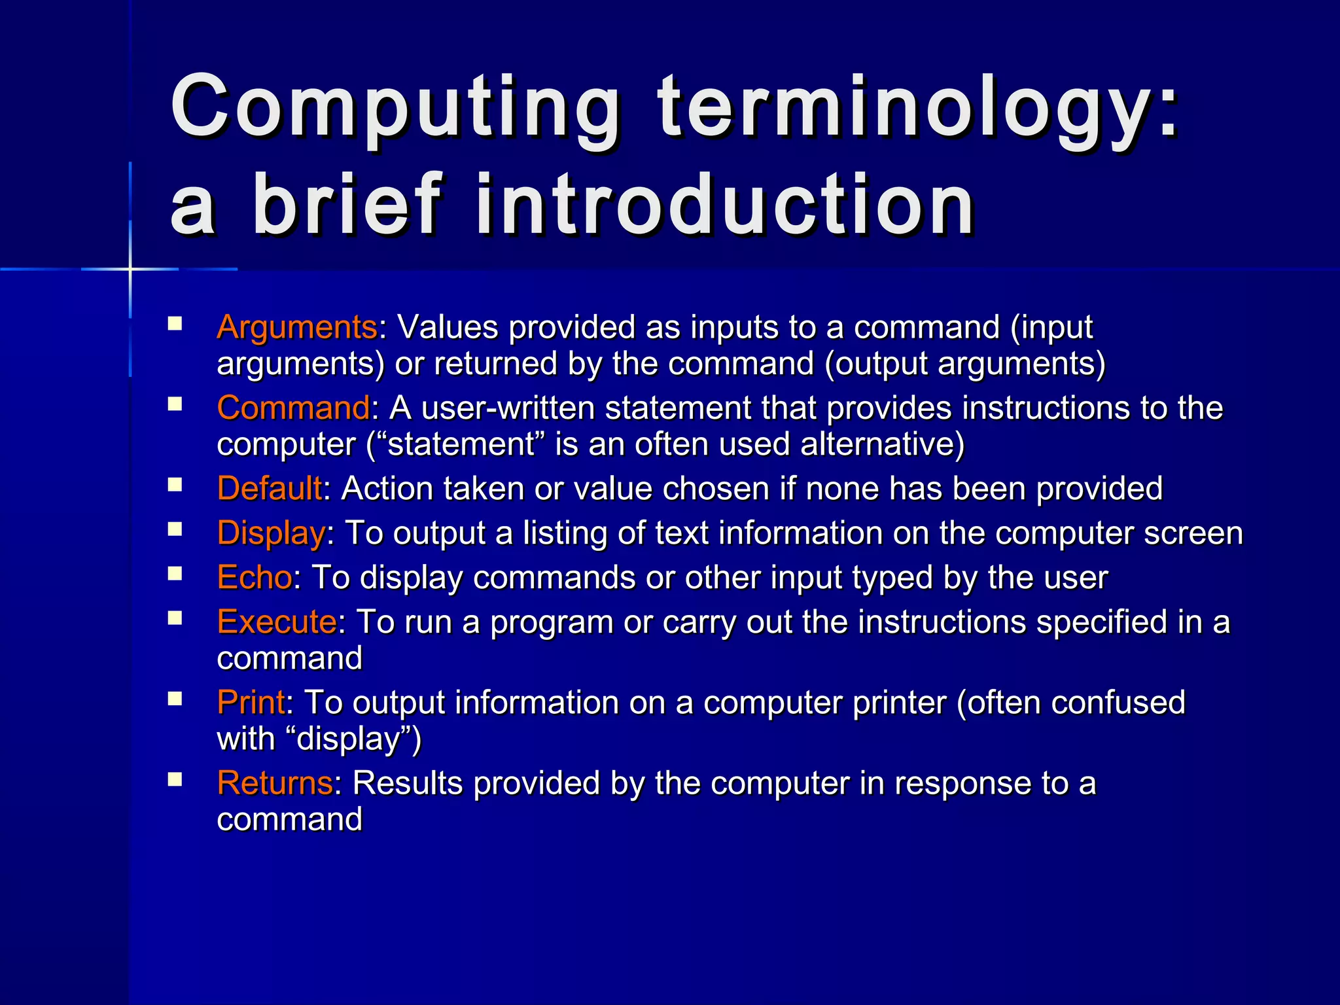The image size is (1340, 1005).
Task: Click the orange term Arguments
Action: (x=296, y=327)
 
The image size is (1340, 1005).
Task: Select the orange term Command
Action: (x=293, y=408)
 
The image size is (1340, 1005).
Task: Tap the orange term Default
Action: (x=269, y=489)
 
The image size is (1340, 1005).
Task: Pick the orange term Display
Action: (x=271, y=533)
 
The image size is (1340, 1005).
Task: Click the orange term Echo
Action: (x=255, y=578)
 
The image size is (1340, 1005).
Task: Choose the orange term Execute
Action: (x=277, y=622)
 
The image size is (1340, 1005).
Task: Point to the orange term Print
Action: (x=251, y=703)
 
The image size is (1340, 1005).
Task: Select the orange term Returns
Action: (x=275, y=783)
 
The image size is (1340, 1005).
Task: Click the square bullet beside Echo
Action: (x=175, y=574)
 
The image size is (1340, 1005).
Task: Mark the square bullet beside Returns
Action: (x=175, y=779)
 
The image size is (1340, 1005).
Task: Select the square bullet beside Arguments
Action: (x=175, y=323)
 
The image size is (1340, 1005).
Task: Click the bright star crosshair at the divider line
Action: (x=130, y=269)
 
